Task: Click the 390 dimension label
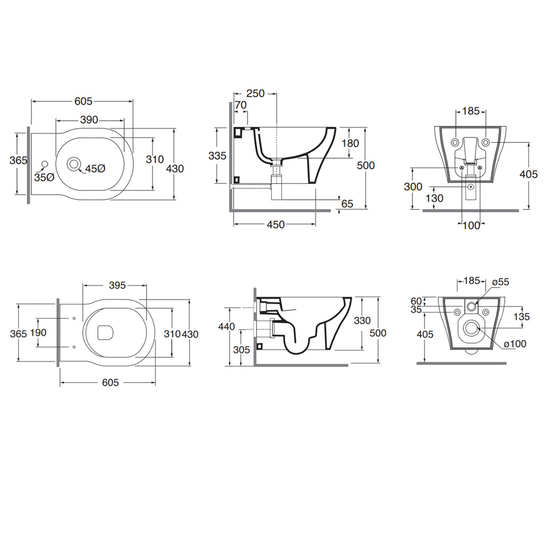pyautogui.click(x=89, y=120)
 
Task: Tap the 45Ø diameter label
pyautogui.click(x=95, y=168)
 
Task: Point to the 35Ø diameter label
pyautogui.click(x=44, y=177)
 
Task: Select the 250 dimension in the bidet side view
pyautogui.click(x=256, y=93)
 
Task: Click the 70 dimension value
pyautogui.click(x=241, y=105)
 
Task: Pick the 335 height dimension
pyautogui.click(x=217, y=156)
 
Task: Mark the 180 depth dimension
pyautogui.click(x=350, y=143)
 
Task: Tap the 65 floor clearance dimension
pyautogui.click(x=347, y=203)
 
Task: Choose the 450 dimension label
pyautogui.click(x=276, y=225)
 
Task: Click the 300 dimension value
pyautogui.click(x=413, y=186)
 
